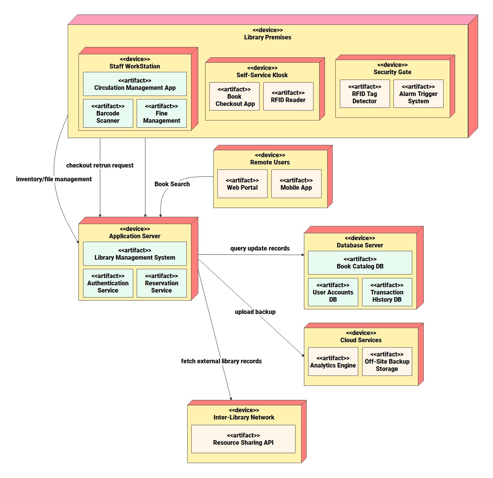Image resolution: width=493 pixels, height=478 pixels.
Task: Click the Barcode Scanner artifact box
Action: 108,114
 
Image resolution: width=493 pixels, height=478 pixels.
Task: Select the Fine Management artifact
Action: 162,114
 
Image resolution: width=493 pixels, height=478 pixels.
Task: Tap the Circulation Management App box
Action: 135,84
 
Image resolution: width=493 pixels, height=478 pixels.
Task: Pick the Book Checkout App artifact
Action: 235,97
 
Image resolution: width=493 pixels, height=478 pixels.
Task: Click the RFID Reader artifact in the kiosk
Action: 288,97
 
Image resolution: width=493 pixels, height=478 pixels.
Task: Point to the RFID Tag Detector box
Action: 364,94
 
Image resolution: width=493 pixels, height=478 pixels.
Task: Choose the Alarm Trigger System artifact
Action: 418,94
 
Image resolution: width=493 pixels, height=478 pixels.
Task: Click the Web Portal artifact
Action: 242,184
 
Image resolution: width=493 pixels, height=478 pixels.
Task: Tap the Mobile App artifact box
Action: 296,184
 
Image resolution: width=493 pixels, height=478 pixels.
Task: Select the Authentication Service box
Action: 108,283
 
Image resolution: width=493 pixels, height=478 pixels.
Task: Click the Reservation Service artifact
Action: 162,283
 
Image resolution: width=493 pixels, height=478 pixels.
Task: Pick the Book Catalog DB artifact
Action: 360,263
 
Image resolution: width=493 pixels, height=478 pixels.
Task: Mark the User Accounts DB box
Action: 333,293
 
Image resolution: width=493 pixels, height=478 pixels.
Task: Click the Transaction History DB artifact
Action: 387,293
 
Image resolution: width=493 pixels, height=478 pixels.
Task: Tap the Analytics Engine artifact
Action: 333,362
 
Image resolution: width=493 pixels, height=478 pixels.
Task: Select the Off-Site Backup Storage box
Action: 387,362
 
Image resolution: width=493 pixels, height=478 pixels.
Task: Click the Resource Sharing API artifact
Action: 243,439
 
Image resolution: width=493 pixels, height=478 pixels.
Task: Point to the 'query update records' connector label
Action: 260,249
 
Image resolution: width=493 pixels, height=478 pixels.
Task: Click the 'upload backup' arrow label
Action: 255,312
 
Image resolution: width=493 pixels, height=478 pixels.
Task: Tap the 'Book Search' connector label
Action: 172,184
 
